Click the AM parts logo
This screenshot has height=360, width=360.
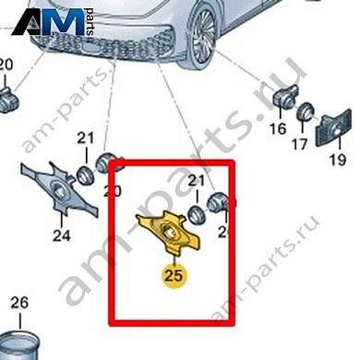pyautogui.click(x=55, y=22)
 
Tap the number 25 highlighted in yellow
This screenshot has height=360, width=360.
pyautogui.click(x=172, y=274)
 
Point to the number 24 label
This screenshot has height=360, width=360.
pyautogui.click(x=61, y=234)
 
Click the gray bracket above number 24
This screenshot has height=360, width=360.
pyautogui.click(x=60, y=190)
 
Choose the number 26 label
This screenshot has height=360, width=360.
pyautogui.click(x=19, y=303)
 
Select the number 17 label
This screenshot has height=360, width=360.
pyautogui.click(x=299, y=145)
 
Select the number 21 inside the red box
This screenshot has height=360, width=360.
pyautogui.click(x=195, y=183)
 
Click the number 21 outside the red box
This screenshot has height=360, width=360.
pyautogui.click(x=86, y=139)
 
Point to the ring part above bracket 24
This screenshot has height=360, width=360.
pyautogui.click(x=84, y=170)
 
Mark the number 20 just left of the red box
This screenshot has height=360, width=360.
pyautogui.click(x=112, y=191)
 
